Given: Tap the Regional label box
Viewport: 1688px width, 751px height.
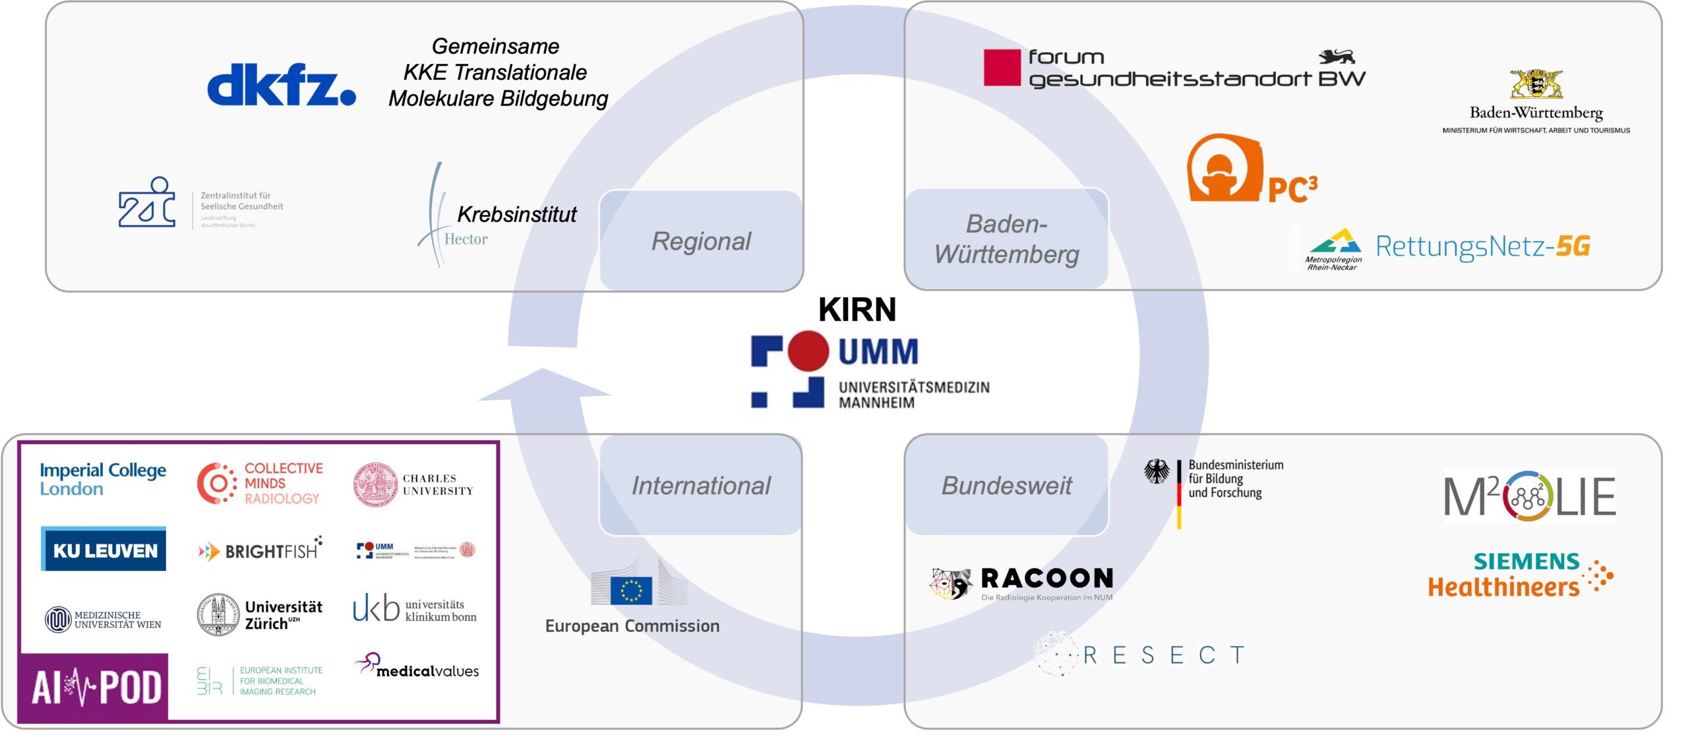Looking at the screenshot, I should point(701,241).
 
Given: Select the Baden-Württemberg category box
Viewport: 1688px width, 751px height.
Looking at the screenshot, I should point(1006,239).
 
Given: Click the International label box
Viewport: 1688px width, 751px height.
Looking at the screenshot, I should point(701,486).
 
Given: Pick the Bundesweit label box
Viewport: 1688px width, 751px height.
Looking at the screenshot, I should point(1006,486).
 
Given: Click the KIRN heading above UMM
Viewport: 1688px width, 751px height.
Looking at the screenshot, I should point(857,310).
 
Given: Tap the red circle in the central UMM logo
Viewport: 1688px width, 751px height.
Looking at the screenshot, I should point(808,350).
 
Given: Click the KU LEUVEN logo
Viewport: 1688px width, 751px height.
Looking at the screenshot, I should point(104,549).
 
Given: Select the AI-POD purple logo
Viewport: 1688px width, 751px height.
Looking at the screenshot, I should point(94,687).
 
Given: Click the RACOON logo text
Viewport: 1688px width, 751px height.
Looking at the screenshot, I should point(1046,578).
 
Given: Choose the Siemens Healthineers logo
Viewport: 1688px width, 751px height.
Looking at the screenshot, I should point(1517,574).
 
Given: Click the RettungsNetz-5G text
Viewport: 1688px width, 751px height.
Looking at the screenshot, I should point(1482,246).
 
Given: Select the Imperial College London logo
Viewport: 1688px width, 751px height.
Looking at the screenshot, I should point(102,479).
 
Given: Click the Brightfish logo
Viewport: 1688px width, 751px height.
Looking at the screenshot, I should point(260,549).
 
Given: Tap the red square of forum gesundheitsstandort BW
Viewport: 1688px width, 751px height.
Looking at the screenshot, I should point(1002,67).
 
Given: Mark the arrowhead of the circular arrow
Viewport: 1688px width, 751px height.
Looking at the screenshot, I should point(544,385).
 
